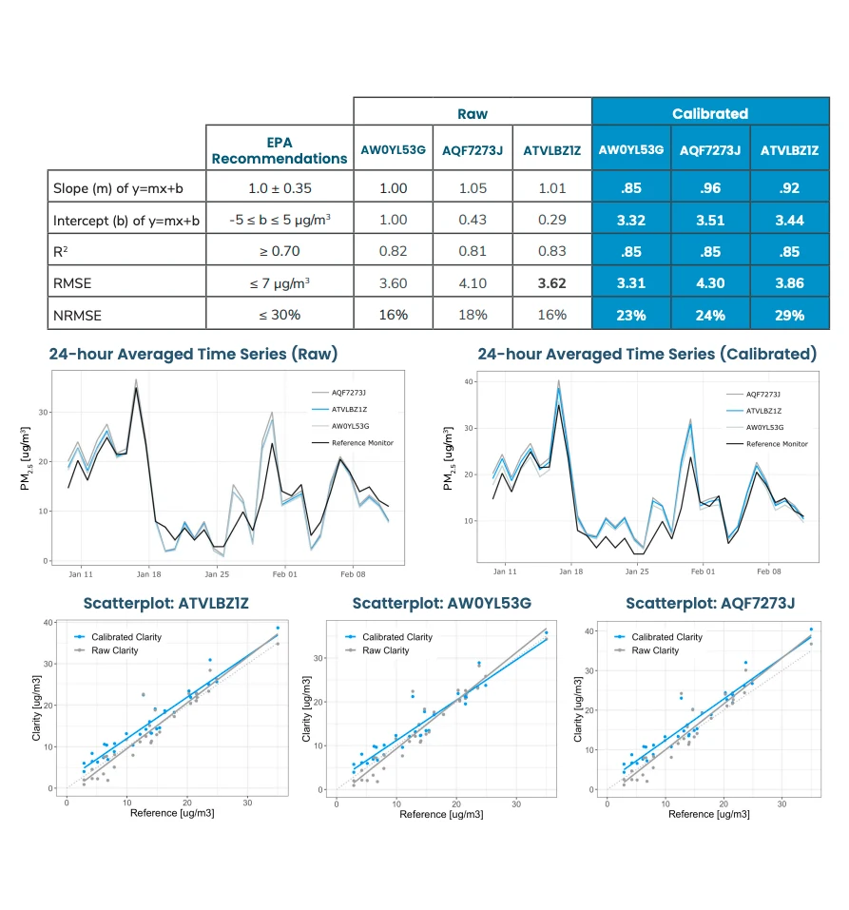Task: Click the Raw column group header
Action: pos(472,113)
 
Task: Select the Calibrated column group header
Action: pos(710,113)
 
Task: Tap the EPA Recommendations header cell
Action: pos(279,149)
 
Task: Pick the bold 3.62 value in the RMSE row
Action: pos(551,282)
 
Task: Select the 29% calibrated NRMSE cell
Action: pos(789,315)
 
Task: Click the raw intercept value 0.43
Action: pos(473,220)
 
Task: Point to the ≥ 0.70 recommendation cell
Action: pos(279,251)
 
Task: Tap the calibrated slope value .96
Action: pos(709,187)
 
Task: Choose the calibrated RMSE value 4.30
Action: pos(709,282)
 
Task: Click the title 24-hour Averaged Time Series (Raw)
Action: pos(193,354)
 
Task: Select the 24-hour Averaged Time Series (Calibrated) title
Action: pos(646,354)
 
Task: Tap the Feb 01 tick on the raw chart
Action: pos(284,574)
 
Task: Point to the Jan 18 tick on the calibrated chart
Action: pos(570,572)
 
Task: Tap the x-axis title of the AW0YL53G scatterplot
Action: pos(436,815)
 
